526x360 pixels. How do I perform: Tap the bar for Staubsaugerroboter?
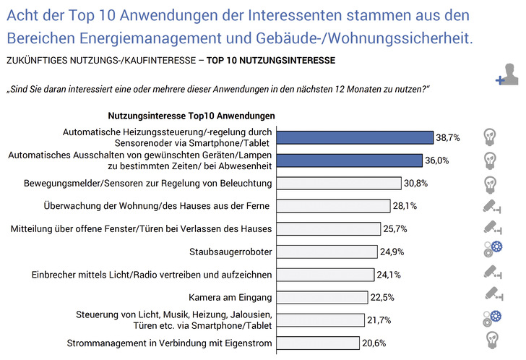click(x=327, y=252)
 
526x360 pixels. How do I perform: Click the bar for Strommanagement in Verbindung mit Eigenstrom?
click(x=320, y=343)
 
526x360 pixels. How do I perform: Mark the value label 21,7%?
click(x=381, y=320)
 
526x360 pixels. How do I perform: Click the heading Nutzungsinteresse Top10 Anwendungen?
click(x=191, y=116)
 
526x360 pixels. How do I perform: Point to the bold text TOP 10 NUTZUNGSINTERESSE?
click(x=271, y=61)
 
